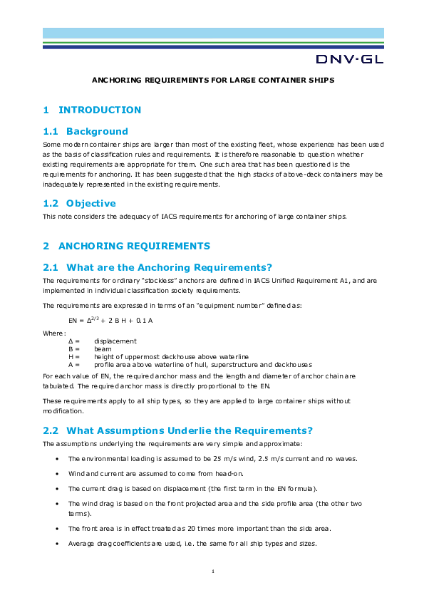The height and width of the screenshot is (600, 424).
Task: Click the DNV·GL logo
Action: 349,58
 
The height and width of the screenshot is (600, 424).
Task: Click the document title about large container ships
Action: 213,81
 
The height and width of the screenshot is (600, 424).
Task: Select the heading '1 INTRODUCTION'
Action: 92,110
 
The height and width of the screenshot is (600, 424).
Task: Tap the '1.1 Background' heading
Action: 86,131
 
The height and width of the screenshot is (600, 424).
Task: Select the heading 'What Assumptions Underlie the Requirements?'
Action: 177,430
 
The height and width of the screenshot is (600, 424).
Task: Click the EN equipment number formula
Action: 110,321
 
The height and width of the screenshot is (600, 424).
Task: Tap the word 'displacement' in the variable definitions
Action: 115,341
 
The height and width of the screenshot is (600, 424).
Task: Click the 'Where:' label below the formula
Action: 54,332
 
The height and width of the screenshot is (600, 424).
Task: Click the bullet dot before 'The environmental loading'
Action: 56,458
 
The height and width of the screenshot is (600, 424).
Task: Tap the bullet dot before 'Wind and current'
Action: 56,473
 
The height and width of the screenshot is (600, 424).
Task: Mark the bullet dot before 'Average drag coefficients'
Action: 56,544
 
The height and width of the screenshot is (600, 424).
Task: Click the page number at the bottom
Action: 213,572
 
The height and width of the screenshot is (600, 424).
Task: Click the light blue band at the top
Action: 213,33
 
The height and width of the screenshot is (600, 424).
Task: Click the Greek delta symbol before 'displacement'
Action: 70,341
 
